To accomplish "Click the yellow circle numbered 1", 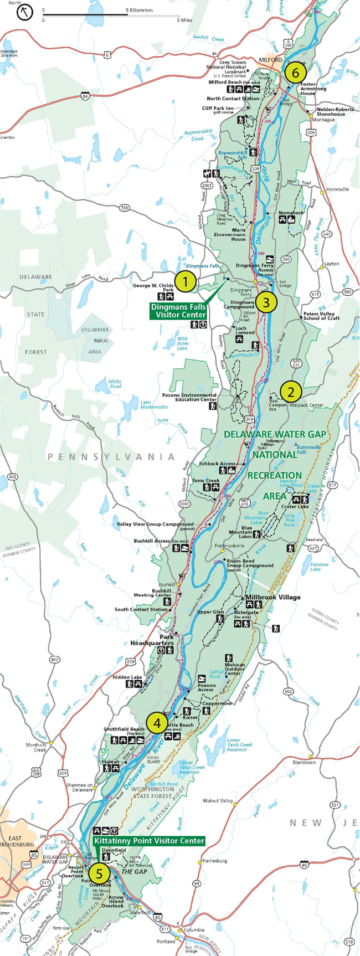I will tap(186, 281).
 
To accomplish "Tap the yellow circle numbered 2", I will tap(291, 392).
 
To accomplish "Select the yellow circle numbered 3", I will tap(266, 302).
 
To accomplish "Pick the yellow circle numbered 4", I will tap(157, 723).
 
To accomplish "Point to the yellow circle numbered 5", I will tap(99, 874).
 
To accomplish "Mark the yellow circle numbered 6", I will tap(295, 73).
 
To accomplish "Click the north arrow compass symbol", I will tap(25, 12).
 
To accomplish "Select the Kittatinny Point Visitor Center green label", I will tap(149, 841).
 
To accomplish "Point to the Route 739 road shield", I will tap(124, 208).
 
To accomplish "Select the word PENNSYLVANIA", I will tap(111, 457).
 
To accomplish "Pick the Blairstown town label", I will tap(304, 762).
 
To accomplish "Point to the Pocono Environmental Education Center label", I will tap(196, 397).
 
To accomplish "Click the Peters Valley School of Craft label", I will tap(321, 316).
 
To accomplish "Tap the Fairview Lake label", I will tap(319, 567).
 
